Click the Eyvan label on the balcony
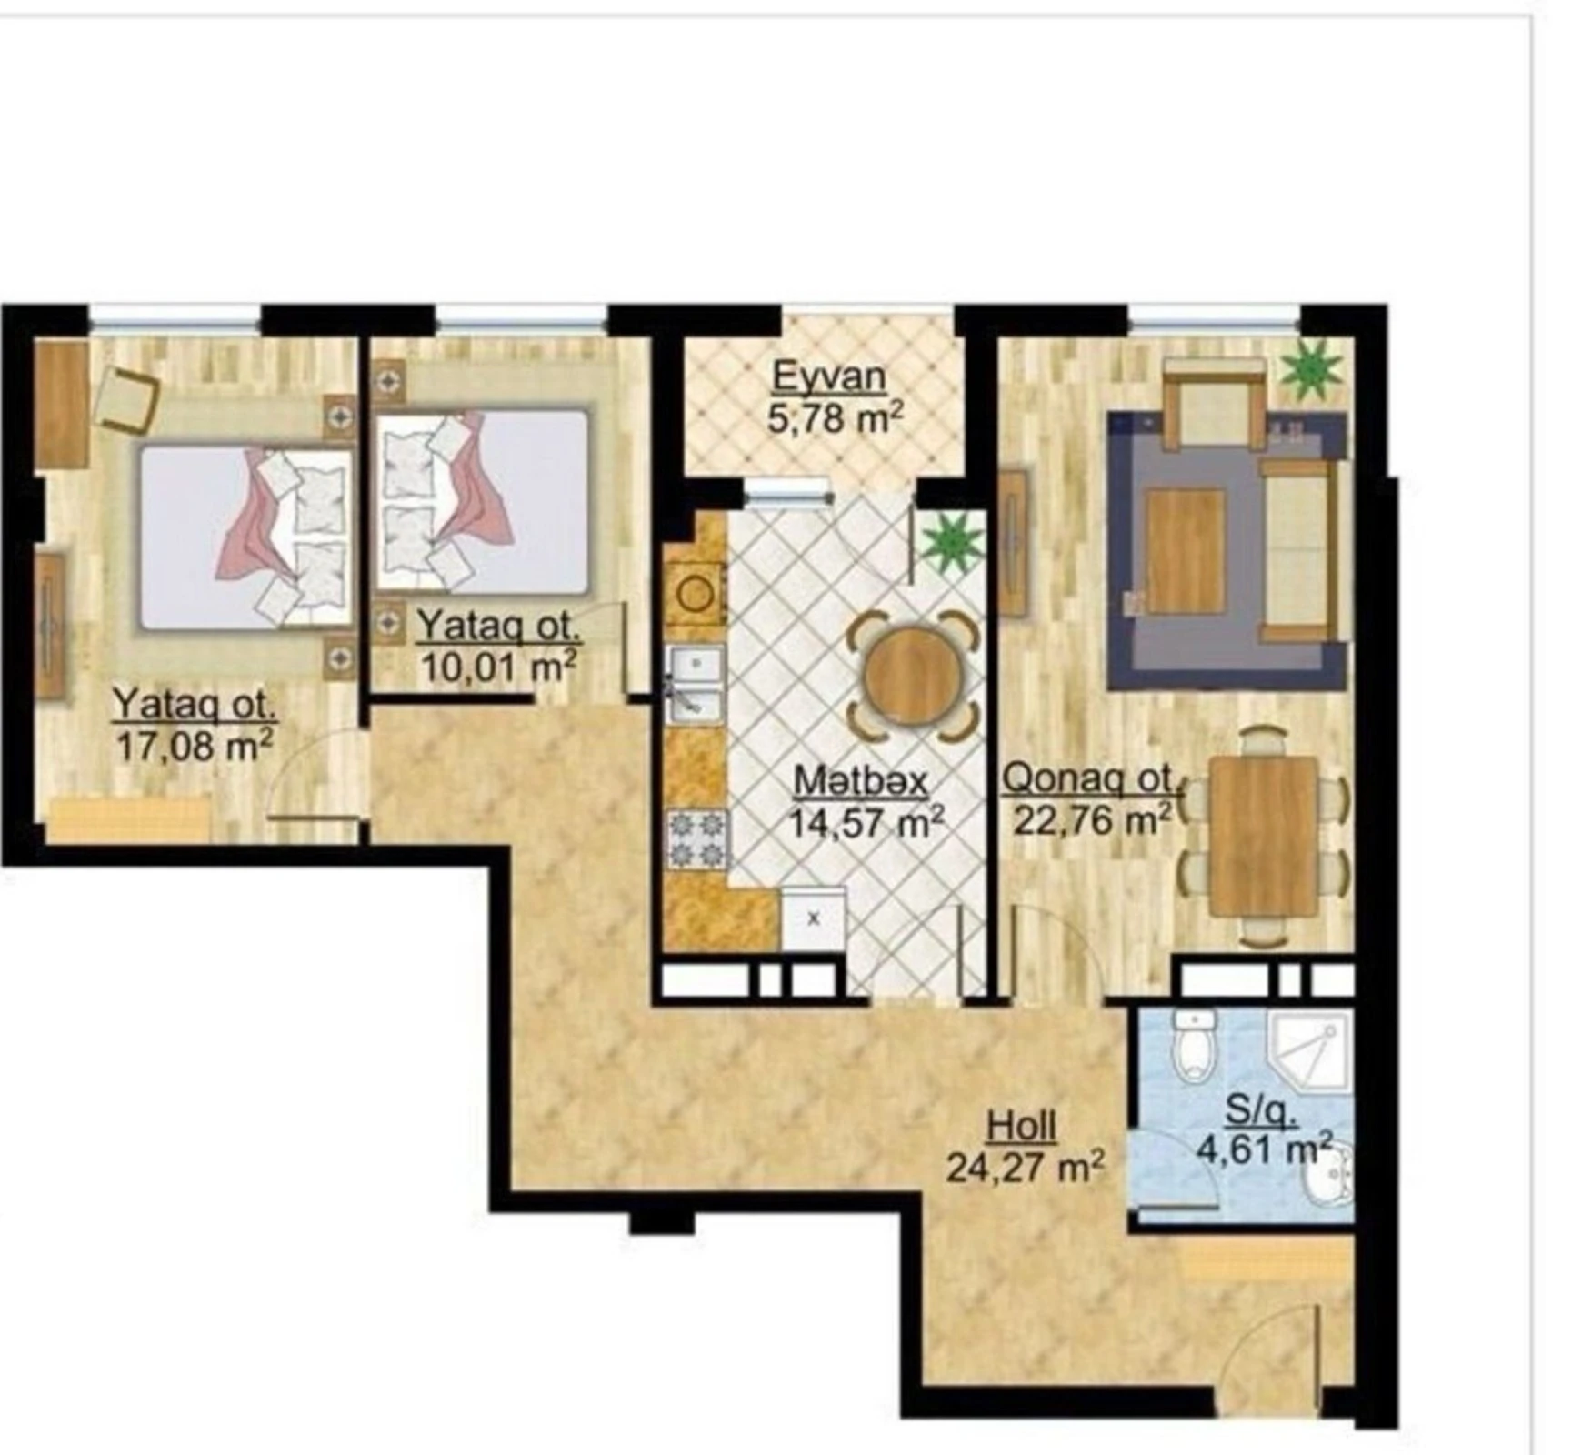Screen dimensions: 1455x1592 (828, 376)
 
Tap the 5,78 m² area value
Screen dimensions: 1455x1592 (835, 419)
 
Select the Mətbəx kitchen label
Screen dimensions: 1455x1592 (860, 781)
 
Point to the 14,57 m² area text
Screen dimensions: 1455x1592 (866, 823)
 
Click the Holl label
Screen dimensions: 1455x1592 (1022, 1127)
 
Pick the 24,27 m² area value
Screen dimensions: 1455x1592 (1025, 1168)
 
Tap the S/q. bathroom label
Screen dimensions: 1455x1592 (1260, 1109)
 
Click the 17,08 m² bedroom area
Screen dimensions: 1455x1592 (194, 747)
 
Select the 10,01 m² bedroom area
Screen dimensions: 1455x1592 (498, 667)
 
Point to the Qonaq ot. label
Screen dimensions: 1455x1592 (1089, 779)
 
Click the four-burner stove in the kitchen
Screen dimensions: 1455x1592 (697, 839)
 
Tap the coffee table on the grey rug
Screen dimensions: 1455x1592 (1185, 551)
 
